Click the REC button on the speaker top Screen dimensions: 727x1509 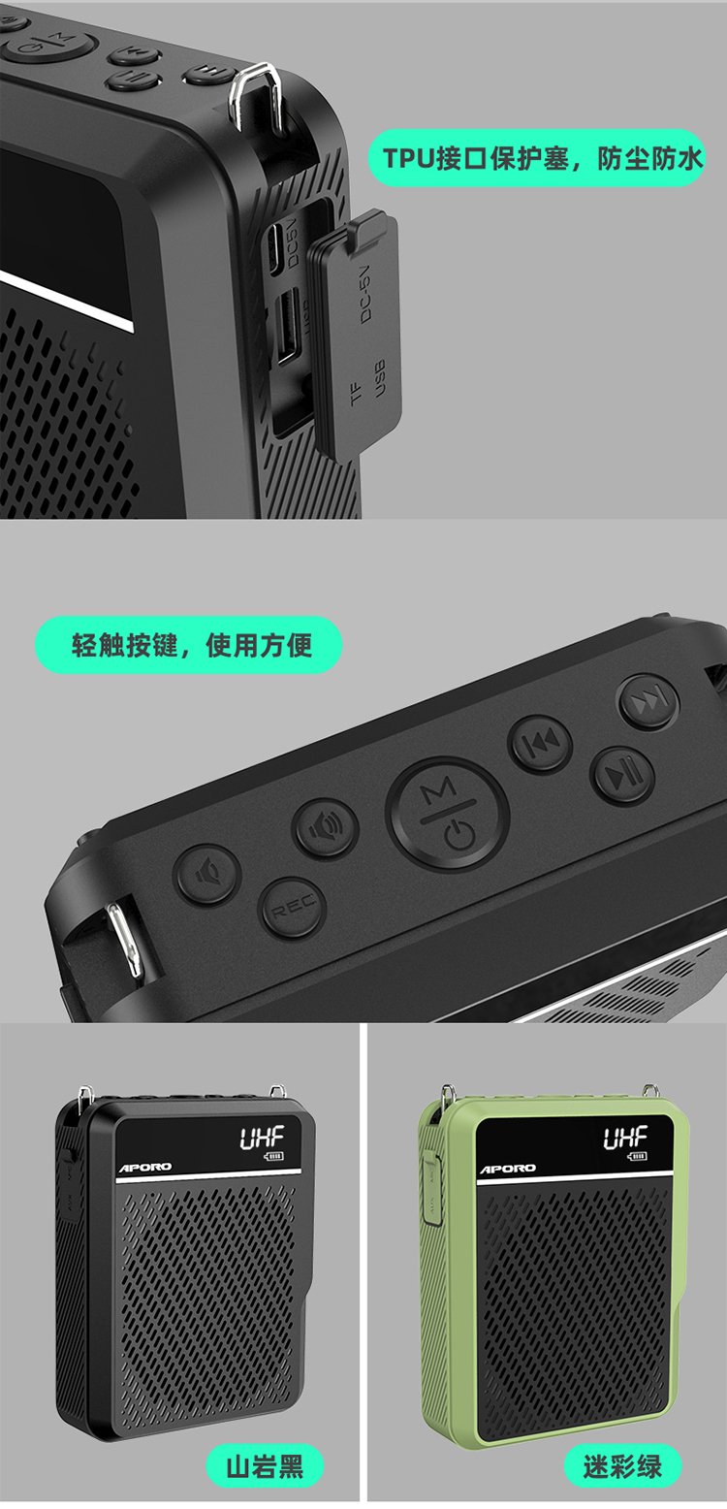293,908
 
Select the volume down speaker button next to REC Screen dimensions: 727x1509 207,874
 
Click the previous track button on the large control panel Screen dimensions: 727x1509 540,743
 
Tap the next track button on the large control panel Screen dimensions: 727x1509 648,700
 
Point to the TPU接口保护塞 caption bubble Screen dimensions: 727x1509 536,158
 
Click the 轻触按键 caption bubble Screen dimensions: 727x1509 188,645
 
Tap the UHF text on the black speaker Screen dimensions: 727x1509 262,1138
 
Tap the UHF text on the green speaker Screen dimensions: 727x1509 624,1138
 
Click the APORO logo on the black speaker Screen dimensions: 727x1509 145,1168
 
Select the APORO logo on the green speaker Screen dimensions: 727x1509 508,1169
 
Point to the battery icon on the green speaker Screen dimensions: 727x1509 637,1157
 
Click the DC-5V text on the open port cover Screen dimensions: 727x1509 364,293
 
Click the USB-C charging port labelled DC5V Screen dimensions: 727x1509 276,247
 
